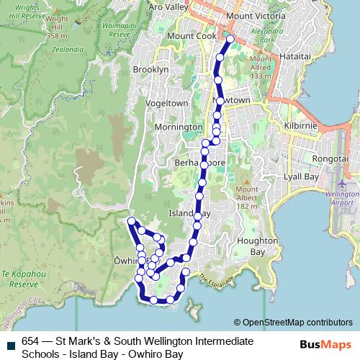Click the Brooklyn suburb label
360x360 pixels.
pos(150,70)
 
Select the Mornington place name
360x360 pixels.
pos(179,127)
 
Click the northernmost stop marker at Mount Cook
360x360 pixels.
pos(230,38)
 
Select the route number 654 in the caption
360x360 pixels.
pos(30,341)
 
